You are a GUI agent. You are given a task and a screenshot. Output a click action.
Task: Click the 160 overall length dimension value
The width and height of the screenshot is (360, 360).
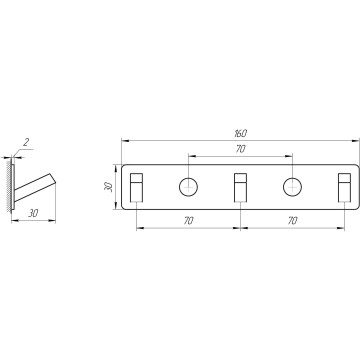(240, 134)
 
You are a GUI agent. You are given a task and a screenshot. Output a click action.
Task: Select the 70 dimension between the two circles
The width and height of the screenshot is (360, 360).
(240, 149)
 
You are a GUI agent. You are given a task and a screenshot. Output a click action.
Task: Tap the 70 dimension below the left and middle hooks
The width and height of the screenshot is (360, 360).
(189, 221)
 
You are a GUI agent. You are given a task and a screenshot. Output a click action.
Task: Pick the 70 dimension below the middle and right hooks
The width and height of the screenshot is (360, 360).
(292, 221)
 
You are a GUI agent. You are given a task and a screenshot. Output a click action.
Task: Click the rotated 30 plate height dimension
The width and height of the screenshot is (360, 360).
(108, 187)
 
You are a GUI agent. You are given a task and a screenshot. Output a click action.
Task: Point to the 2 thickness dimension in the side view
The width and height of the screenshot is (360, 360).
(26, 143)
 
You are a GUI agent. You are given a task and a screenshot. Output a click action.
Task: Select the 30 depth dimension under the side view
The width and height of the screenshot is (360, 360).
(33, 213)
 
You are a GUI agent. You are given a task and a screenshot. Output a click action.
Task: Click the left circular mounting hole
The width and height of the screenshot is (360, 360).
(188, 187)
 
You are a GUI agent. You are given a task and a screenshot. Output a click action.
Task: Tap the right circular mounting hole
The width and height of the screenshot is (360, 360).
(292, 187)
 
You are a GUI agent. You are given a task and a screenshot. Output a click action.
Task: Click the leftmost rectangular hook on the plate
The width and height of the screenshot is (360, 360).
(136, 188)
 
